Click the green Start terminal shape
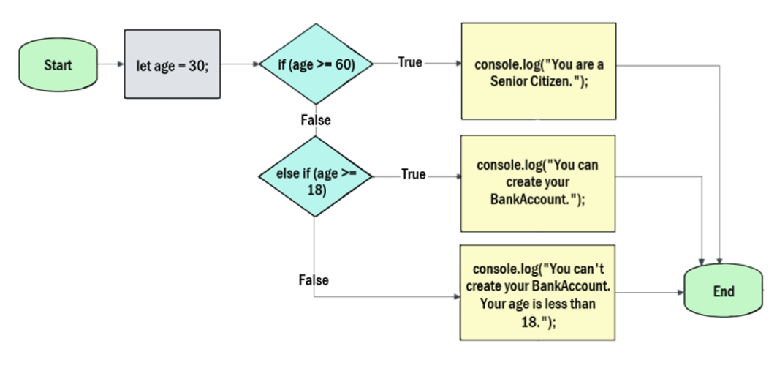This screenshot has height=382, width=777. pyautogui.click(x=58, y=65)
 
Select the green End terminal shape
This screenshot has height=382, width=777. pyautogui.click(x=723, y=291)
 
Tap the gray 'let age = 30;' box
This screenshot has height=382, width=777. pyautogui.click(x=173, y=64)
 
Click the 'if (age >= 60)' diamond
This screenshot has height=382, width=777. pyautogui.click(x=316, y=64)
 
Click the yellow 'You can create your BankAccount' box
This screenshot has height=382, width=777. pyautogui.click(x=538, y=183)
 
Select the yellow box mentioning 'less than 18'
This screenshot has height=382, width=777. pyautogui.click(x=537, y=293)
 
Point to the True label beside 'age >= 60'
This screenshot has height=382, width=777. pyautogui.click(x=410, y=63)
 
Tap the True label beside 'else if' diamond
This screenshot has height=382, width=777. pyautogui.click(x=413, y=174)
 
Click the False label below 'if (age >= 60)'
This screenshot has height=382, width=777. pyautogui.click(x=316, y=120)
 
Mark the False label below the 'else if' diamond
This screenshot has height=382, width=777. pyautogui.click(x=313, y=280)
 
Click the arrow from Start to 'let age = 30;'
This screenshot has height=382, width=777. pyautogui.click(x=110, y=64)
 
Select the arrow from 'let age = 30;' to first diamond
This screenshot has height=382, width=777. pyautogui.click(x=240, y=64)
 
